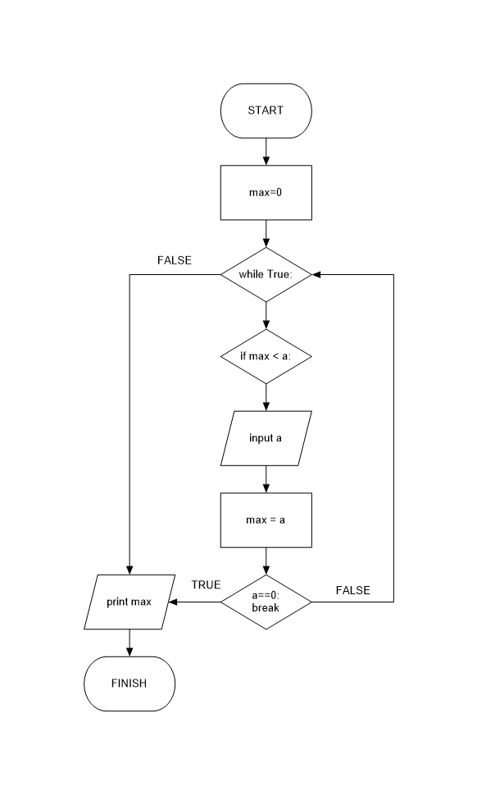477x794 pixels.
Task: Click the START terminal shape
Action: coord(266,110)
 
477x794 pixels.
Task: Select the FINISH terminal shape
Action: coord(129,683)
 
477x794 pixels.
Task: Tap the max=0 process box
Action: coord(266,192)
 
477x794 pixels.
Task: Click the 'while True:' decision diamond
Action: coord(266,274)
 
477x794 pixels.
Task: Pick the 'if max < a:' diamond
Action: coord(266,356)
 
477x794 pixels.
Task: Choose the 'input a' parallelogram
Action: coord(266,438)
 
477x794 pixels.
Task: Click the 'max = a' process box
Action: coord(266,520)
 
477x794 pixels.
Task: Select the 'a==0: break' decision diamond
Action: coord(266,602)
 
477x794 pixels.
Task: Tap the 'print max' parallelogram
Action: coord(129,602)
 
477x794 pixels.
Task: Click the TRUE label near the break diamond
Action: coord(206,585)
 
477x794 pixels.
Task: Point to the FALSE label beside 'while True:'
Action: coord(174,260)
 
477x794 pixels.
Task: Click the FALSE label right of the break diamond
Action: coord(352,589)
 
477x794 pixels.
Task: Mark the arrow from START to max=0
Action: coord(266,151)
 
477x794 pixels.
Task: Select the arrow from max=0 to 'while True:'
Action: coord(266,233)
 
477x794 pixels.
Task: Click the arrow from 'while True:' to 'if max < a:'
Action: coord(266,315)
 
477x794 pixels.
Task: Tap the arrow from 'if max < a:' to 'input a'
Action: coord(266,397)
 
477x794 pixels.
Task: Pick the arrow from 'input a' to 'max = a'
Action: coord(266,479)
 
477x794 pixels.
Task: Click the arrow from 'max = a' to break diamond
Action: coord(266,561)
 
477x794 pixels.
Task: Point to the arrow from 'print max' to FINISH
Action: coord(129,643)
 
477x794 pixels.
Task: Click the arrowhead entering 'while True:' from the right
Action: coord(317,274)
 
